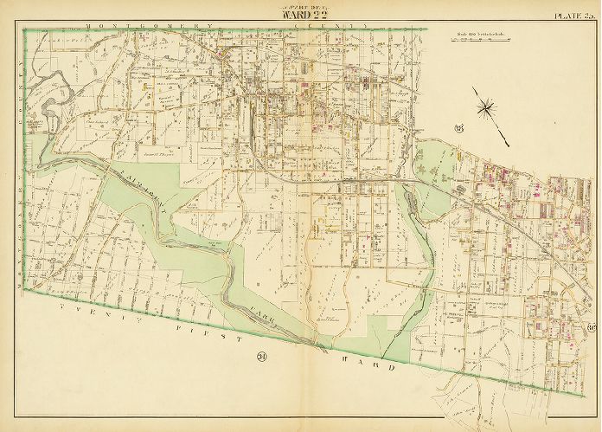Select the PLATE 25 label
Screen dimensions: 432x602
[x=573, y=14]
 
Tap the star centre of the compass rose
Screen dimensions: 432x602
[x=487, y=107]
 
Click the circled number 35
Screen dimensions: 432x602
[x=458, y=130]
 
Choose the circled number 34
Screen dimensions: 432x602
[x=236, y=356]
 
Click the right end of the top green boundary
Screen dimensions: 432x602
[x=426, y=29]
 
